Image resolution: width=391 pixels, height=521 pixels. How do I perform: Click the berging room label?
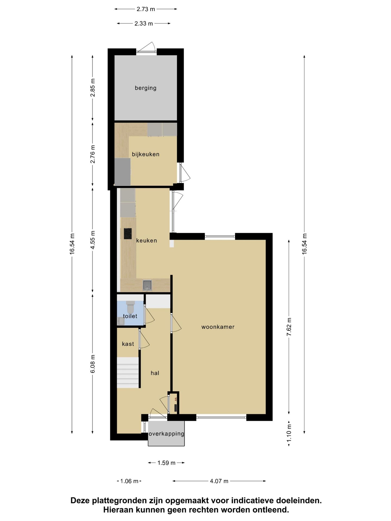pos(146,88)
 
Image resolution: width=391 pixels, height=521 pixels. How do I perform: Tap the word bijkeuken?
pos(146,154)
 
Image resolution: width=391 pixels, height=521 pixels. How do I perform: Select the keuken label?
pos(147,240)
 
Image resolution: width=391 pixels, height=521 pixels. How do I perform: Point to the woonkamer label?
pos(218,327)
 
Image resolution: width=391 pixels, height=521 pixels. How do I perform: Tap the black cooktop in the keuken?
pos(128,234)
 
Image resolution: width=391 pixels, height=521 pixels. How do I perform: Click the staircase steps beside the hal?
pos(128,373)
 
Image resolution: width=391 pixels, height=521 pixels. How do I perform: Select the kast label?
pos(128,344)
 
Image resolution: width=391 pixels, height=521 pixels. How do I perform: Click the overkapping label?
pos(166,434)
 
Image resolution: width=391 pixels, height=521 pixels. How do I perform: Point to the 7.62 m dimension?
pos(289,327)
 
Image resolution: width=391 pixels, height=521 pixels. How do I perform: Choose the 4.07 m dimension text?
pos(219,481)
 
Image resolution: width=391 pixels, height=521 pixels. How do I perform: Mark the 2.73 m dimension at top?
pos(146,9)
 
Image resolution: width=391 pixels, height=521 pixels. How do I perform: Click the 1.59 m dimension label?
pos(166,463)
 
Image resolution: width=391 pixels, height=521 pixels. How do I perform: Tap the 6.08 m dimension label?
pos(93,364)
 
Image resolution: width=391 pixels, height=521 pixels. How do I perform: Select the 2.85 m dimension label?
pos(93,87)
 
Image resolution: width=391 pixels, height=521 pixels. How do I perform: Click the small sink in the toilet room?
pos(121,321)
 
